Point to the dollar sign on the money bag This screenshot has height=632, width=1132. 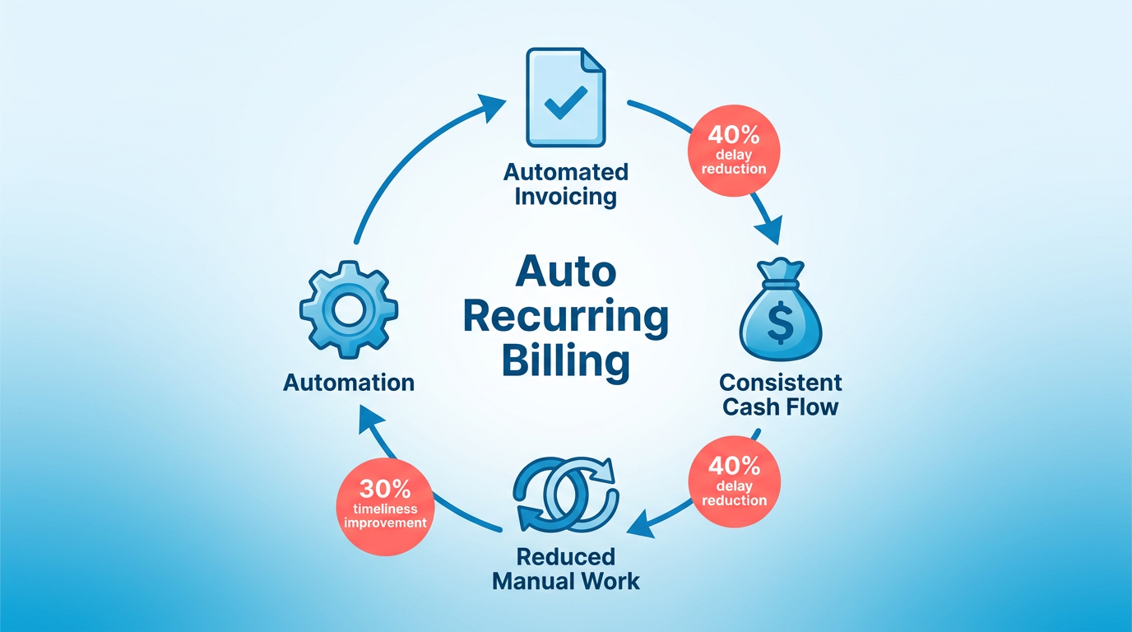point(780,323)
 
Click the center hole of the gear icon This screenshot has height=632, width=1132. point(348,309)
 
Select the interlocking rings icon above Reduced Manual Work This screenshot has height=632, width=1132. point(566,495)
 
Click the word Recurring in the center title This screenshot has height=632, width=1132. point(566,318)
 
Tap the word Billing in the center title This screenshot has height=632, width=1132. point(566,360)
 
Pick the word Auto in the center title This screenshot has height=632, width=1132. point(566,272)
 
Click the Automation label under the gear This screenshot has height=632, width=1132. point(349,383)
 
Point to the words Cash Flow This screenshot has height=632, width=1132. point(780,407)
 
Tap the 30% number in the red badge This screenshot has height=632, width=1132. point(385,489)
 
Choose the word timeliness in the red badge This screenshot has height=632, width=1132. point(385,509)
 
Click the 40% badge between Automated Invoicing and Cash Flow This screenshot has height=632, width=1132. point(734,151)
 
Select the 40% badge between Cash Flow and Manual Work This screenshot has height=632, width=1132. point(735,482)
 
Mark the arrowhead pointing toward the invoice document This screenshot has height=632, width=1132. point(490,107)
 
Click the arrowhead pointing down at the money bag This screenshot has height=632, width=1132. point(771,230)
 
